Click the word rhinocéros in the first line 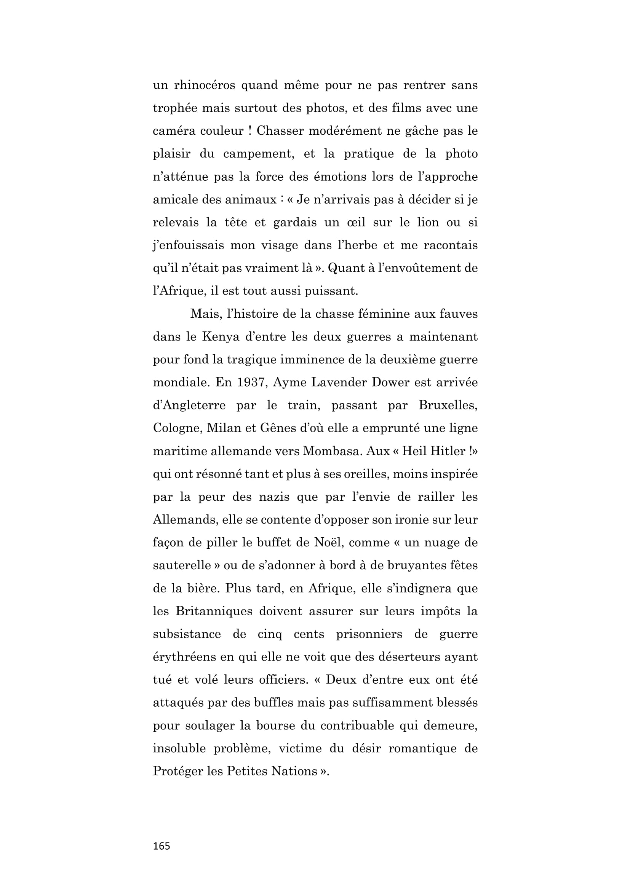(x=205, y=85)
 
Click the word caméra (x=174, y=131)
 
